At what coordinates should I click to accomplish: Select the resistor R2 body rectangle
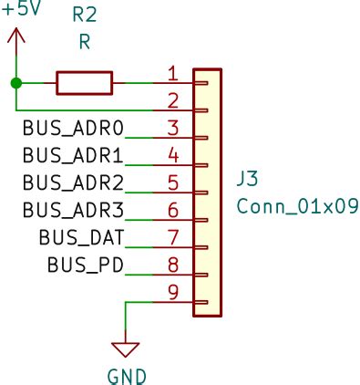pos(84,83)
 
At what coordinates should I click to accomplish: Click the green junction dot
pos(15,83)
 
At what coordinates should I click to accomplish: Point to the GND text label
pos(127,375)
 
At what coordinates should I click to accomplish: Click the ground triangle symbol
pos(127,349)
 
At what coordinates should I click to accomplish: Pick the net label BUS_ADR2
pos(72,182)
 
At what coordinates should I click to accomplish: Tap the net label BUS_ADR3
pos(72,210)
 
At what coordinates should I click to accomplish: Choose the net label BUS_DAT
pos(80,237)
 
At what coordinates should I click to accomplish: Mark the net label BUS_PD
pos(85,265)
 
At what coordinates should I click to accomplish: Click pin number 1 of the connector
pos(173,72)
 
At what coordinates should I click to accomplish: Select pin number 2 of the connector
pos(173,99)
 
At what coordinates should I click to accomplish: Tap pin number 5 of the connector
pos(173,182)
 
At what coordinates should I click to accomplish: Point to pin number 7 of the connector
pos(173,236)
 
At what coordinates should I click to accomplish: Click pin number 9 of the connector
pos(173,291)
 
